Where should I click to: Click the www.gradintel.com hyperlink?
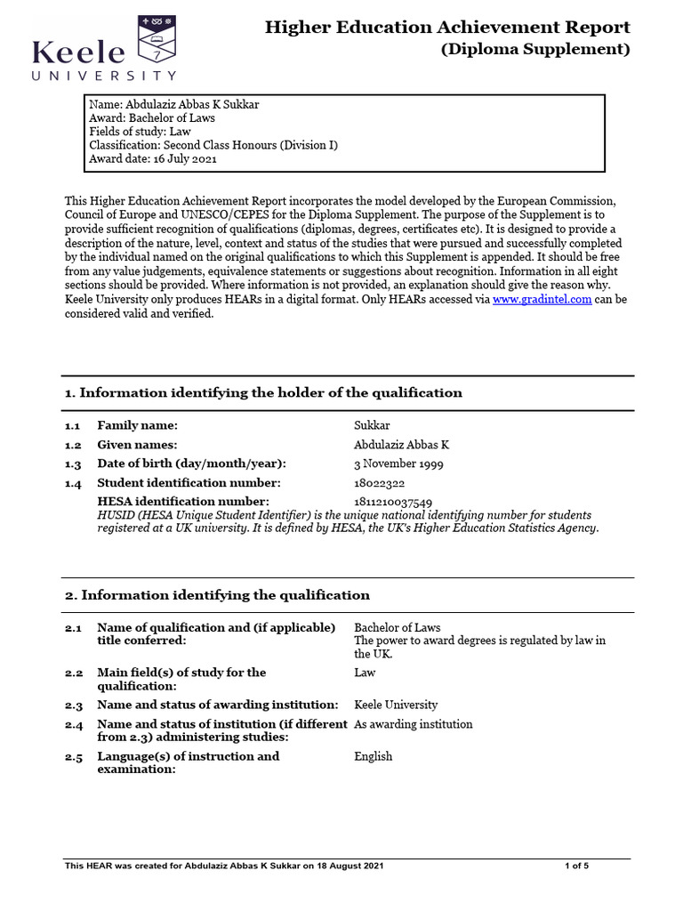coord(542,300)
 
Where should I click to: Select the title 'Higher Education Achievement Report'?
coord(447,28)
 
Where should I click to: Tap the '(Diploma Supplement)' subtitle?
coord(535,50)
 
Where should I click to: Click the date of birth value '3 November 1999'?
coord(398,464)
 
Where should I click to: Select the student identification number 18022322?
coord(380,483)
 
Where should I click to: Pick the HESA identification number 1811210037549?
coord(393,503)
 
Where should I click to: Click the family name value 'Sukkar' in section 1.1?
coord(372,425)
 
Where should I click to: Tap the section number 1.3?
coord(73,464)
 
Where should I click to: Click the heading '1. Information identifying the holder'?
coord(263,392)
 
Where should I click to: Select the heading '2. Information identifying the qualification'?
coord(217,594)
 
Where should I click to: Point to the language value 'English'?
coord(373,756)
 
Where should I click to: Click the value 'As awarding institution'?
coord(414,724)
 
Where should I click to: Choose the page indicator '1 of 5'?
coord(577,866)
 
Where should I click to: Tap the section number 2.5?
coord(73,757)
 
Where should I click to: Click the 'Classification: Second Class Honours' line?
coord(213,145)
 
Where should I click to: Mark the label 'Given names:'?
coord(137,445)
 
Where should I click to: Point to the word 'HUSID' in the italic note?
coord(116,515)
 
